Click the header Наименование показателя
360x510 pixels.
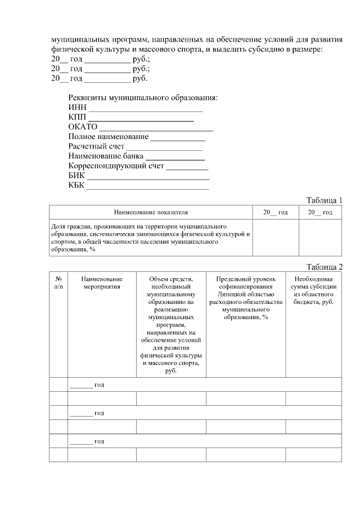point(151,212)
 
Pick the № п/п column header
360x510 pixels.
point(58,283)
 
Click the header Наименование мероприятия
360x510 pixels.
point(102,283)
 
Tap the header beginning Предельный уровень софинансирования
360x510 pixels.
point(245,298)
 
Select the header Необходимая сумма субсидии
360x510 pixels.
point(313,290)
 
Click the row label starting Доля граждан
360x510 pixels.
point(150,237)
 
